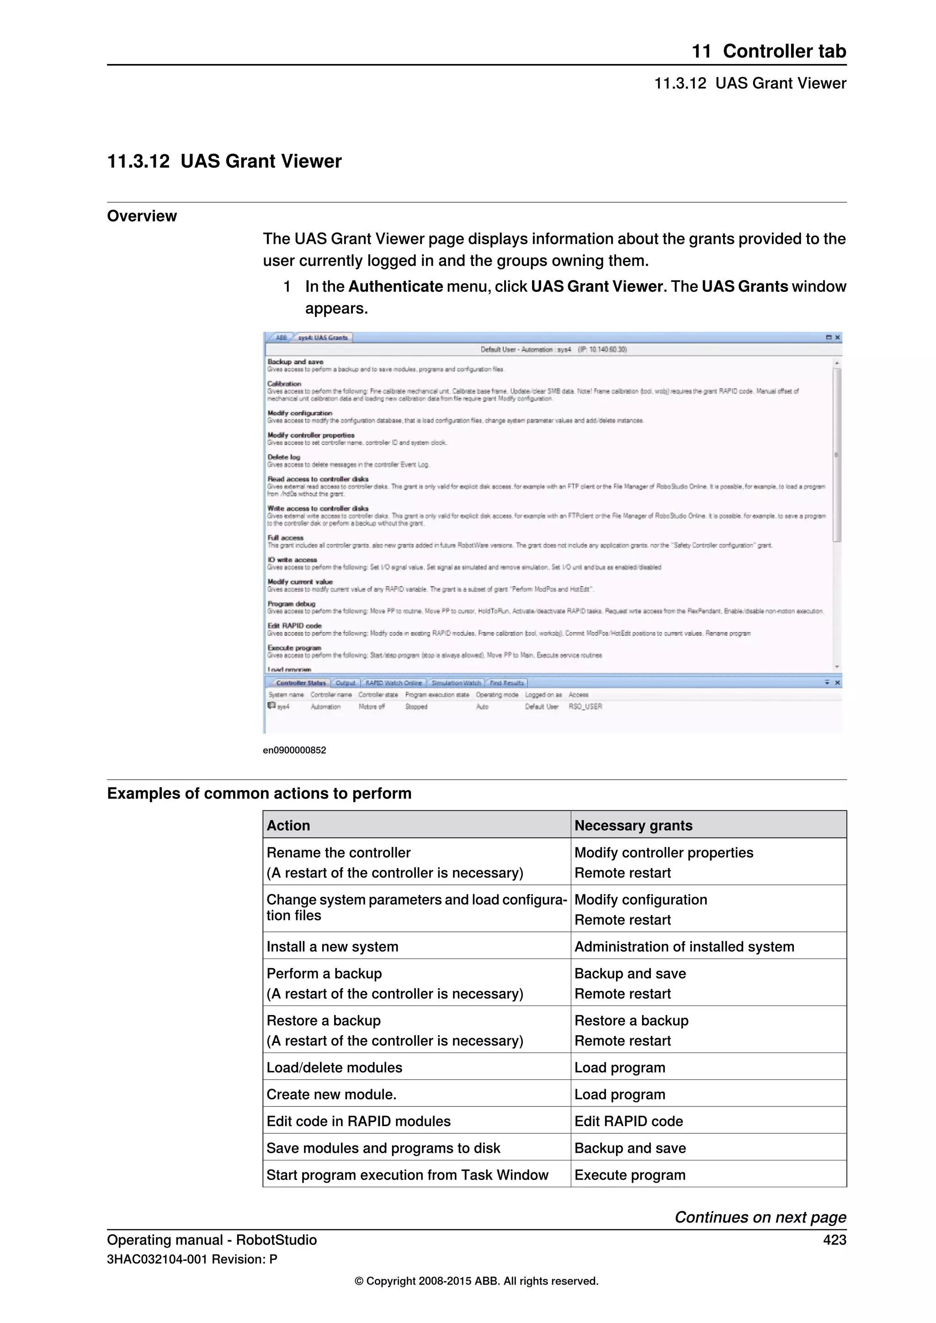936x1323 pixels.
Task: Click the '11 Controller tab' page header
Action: point(768,51)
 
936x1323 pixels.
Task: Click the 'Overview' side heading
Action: point(142,216)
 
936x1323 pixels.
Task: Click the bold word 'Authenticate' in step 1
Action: point(395,286)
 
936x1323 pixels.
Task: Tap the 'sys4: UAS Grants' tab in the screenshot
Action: point(322,338)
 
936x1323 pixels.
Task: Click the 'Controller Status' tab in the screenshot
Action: point(300,683)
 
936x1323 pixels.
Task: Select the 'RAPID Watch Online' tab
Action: point(394,683)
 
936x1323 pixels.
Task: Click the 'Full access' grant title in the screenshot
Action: point(285,538)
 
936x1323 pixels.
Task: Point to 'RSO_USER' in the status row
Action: point(585,706)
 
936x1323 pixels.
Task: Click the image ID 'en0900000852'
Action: point(294,750)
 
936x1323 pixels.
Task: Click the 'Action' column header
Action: point(288,825)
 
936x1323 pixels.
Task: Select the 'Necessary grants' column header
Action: point(633,825)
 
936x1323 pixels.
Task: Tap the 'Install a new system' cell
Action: point(332,946)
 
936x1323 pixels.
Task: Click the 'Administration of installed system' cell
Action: point(684,946)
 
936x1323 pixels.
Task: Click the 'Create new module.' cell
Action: point(331,1094)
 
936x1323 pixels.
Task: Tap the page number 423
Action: point(835,1239)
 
